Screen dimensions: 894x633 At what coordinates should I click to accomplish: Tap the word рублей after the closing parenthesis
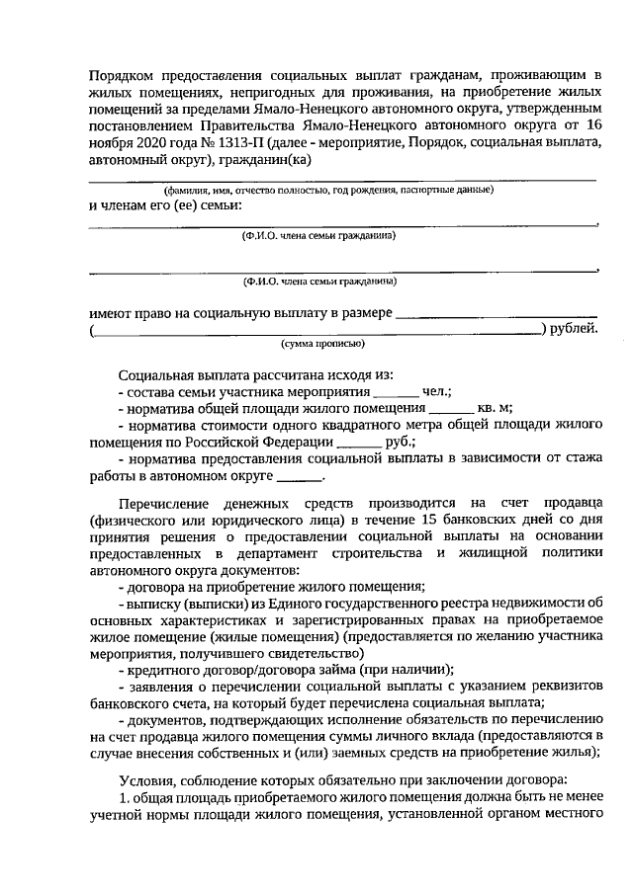pyautogui.click(x=575, y=328)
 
